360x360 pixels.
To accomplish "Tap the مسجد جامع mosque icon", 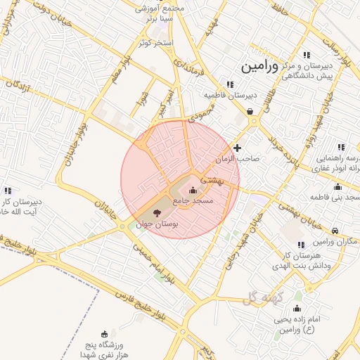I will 193,190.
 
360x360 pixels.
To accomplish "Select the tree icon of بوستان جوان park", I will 156,212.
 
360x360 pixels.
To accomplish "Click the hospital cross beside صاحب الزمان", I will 238,148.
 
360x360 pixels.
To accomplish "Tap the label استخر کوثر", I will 155,43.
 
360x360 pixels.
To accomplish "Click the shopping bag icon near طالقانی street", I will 250,111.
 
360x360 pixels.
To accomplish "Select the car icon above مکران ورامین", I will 335,231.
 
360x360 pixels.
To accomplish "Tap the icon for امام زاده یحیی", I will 297,309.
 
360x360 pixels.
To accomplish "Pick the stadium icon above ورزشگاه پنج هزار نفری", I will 105,333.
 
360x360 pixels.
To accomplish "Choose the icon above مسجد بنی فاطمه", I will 337,186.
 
